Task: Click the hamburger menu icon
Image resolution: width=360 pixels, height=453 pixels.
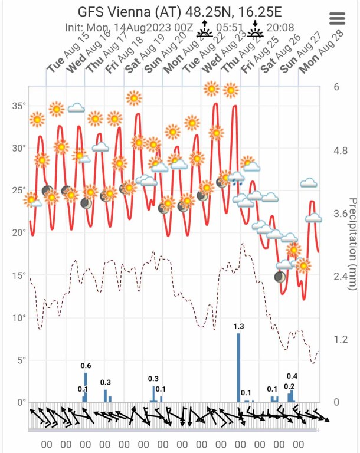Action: [x=338, y=18]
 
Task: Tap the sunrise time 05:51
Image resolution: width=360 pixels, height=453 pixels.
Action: [x=230, y=27]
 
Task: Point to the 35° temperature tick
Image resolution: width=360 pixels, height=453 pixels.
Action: [x=20, y=106]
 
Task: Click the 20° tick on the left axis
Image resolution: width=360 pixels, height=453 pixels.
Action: [x=20, y=232]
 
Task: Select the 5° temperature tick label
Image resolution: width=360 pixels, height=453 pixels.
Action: [x=22, y=360]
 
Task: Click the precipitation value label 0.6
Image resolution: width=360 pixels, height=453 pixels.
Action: [x=86, y=366]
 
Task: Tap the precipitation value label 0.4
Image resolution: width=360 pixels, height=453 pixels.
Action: [x=292, y=376]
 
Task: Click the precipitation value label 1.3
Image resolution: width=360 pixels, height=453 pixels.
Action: [x=238, y=327]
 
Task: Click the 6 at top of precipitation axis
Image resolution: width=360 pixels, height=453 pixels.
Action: [x=336, y=87]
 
